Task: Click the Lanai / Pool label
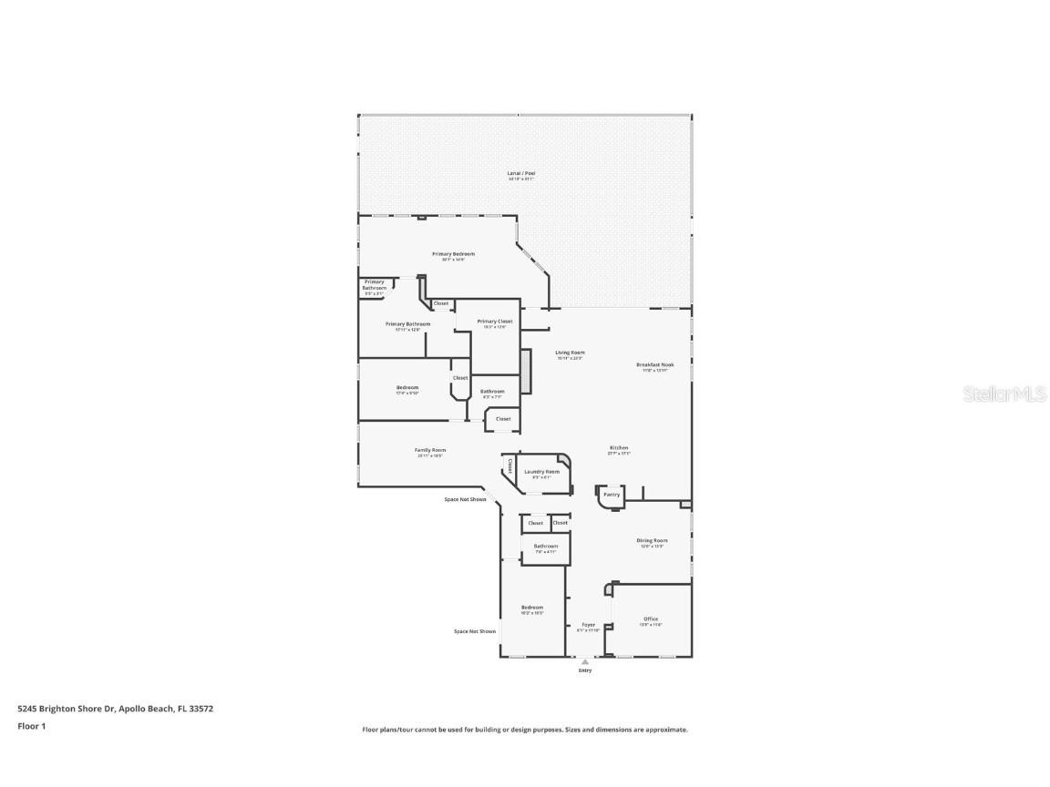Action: tap(521, 172)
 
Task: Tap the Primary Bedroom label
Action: tap(453, 254)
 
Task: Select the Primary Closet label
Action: tap(495, 322)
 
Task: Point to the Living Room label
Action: tap(570, 353)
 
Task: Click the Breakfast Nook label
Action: tap(654, 365)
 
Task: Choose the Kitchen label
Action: tap(619, 448)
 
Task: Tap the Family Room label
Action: tap(430, 450)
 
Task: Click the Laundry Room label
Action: tap(541, 472)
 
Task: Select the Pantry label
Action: tap(612, 495)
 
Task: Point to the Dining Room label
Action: tap(652, 541)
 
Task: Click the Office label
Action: tap(651, 619)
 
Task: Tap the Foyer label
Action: tap(588, 625)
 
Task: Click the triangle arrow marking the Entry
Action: tap(585, 661)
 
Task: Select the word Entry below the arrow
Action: tap(585, 670)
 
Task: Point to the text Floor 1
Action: tap(31, 726)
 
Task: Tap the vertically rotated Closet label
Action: tap(510, 466)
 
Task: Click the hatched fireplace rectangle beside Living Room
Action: tap(526, 372)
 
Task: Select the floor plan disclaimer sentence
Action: tap(525, 730)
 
